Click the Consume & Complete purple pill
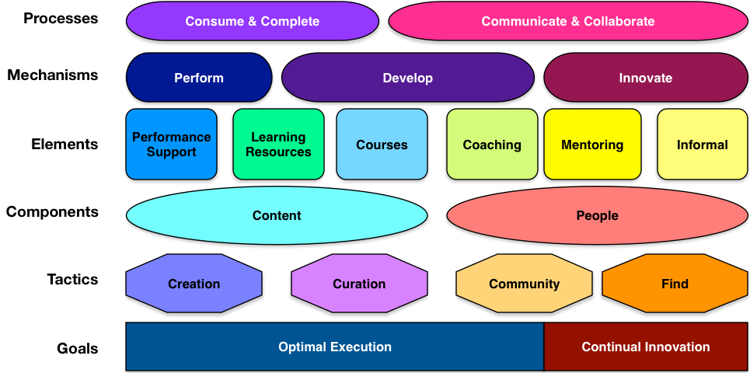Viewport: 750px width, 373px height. (x=252, y=21)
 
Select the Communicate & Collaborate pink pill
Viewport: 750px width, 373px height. (x=567, y=21)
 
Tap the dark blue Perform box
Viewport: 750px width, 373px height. (x=199, y=78)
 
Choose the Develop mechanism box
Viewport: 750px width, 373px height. (x=407, y=78)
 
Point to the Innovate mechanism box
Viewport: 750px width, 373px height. (x=645, y=78)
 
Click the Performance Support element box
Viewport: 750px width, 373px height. (x=171, y=145)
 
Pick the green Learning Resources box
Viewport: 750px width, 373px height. (x=278, y=145)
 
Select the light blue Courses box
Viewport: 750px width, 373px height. (x=382, y=145)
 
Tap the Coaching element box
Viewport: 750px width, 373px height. (x=492, y=145)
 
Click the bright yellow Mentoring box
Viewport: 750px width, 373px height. (x=592, y=145)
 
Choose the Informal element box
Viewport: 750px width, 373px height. (x=702, y=145)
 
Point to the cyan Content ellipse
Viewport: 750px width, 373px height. (x=277, y=215)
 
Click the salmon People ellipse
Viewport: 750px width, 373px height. (x=597, y=215)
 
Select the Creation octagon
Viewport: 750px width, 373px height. (x=194, y=284)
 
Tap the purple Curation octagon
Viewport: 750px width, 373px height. (x=359, y=284)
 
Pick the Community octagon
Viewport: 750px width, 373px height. (x=524, y=284)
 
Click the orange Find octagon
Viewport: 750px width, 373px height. (x=675, y=284)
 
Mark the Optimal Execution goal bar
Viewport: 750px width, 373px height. (x=335, y=347)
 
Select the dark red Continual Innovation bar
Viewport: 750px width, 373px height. (x=645, y=347)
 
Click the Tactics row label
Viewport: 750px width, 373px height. (x=72, y=279)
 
